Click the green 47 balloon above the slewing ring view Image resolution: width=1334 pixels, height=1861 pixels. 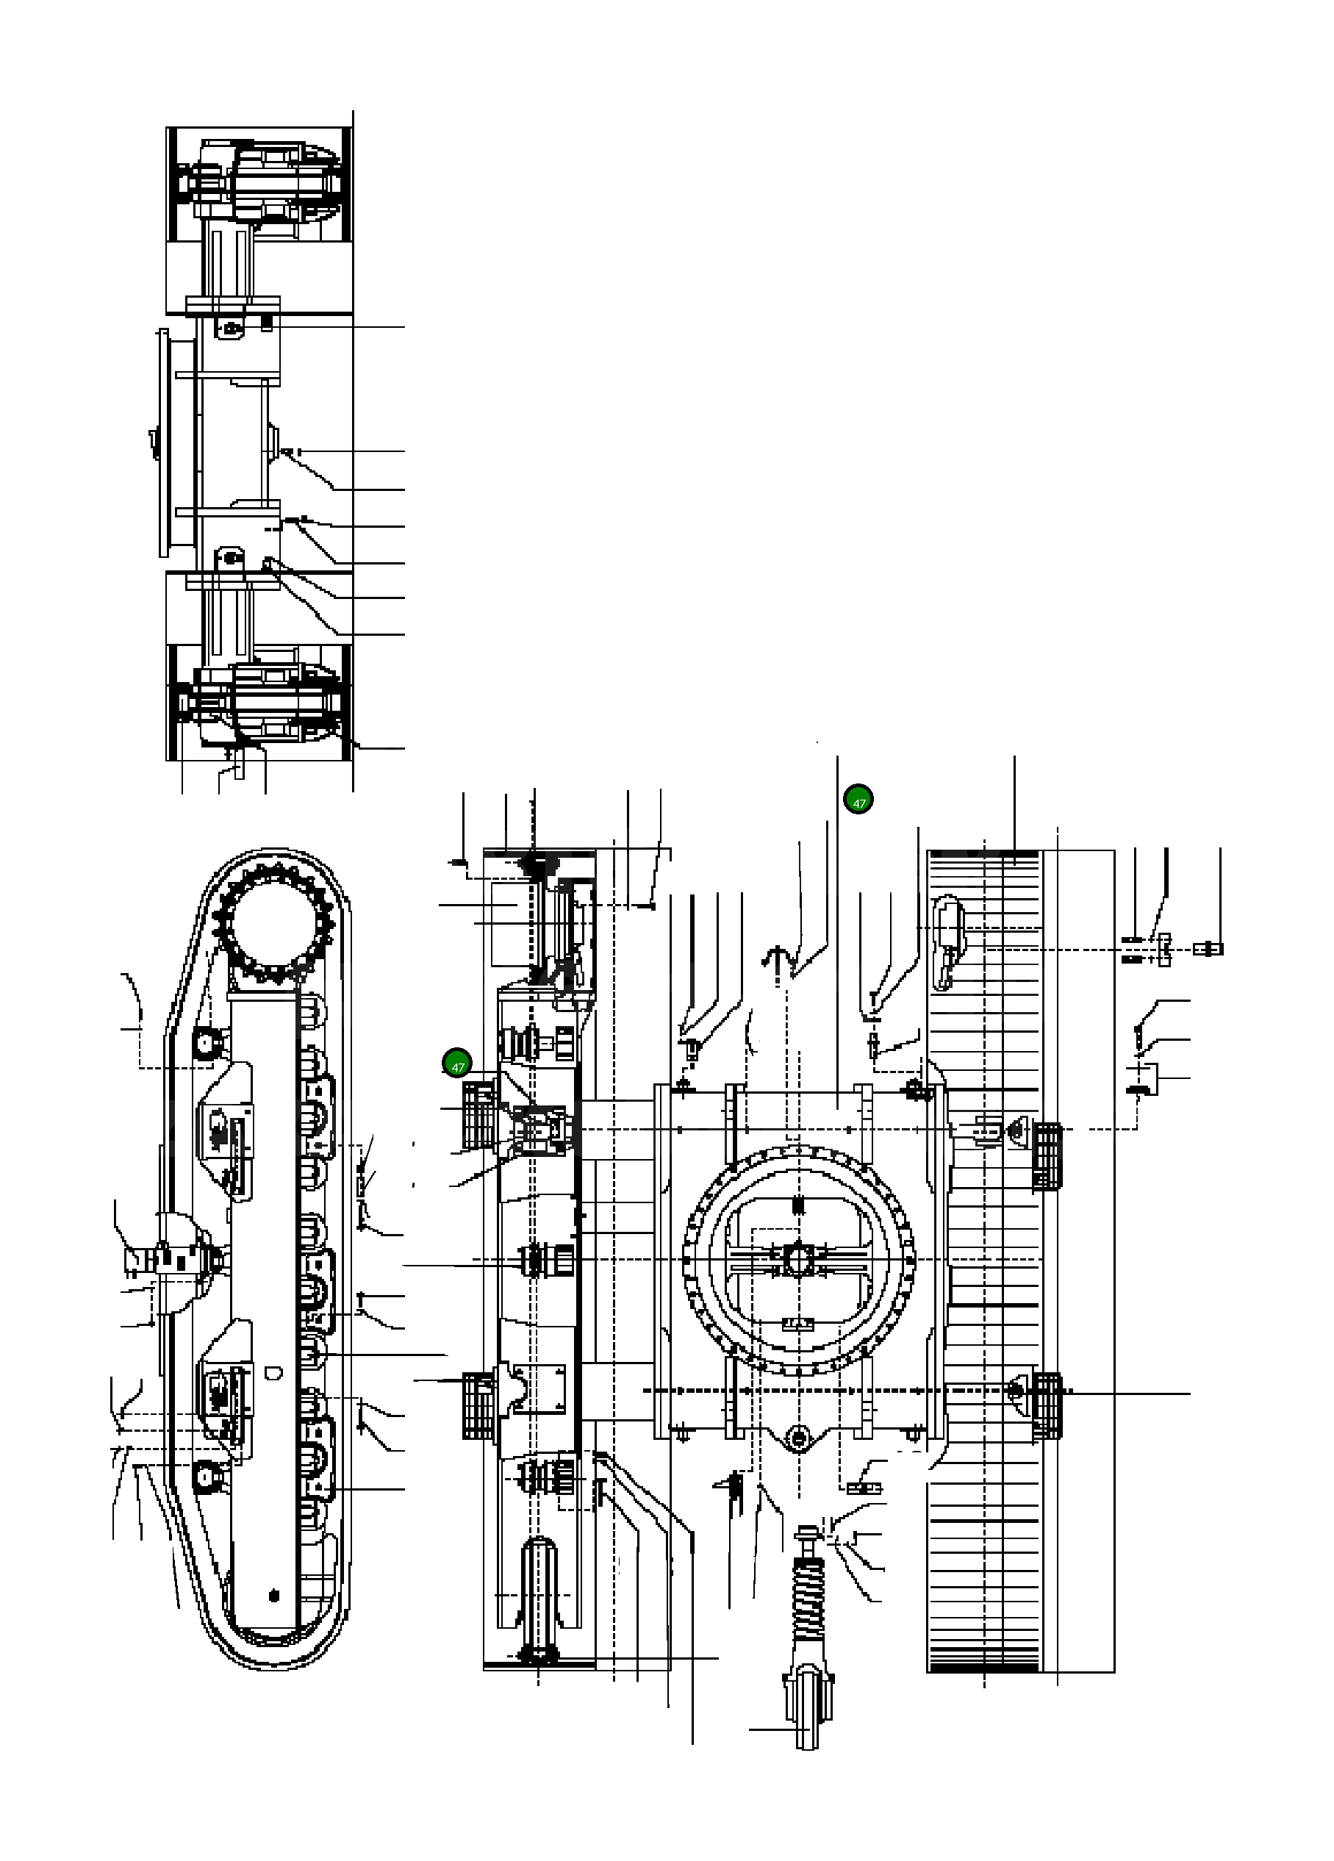pyautogui.click(x=858, y=799)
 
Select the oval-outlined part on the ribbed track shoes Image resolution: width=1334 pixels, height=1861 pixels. pyautogui.click(x=948, y=942)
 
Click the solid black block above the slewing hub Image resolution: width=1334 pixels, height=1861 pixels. pyautogui.click(x=799, y=1205)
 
